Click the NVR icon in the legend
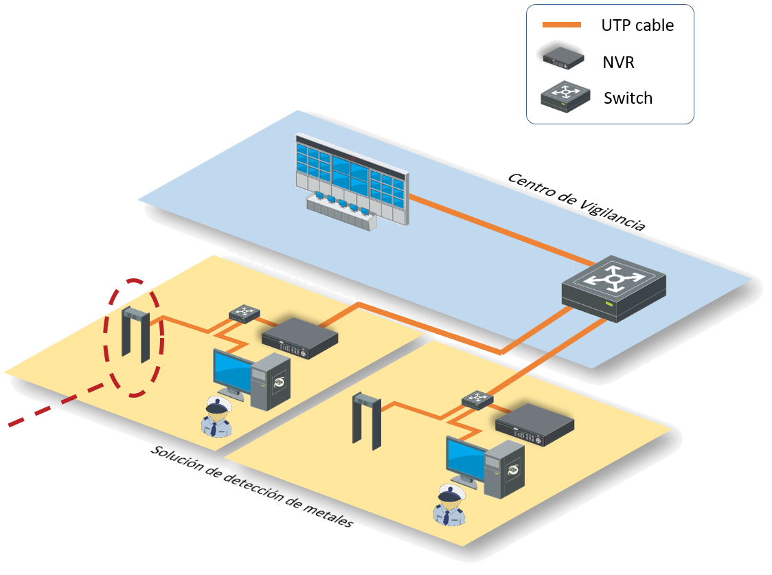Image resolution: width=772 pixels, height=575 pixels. tap(563, 58)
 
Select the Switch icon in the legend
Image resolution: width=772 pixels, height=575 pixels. tap(565, 96)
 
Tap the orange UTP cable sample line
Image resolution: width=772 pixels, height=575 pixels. tap(561, 25)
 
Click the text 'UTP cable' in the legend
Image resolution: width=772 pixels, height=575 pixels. tap(637, 25)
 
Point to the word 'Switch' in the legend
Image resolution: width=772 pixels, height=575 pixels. tap(628, 98)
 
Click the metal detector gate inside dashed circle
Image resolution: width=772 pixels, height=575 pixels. tap(135, 335)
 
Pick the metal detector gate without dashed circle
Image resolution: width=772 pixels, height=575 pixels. tap(366, 421)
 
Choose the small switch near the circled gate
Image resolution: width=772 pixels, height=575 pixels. tap(245, 313)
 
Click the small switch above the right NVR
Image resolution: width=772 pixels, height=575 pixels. tap(477, 399)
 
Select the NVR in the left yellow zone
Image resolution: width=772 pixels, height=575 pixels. tap(300, 337)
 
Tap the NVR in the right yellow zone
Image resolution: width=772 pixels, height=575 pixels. tap(534, 425)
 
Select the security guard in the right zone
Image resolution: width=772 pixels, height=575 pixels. tap(449, 506)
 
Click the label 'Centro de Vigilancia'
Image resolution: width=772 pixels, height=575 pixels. tap(576, 201)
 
